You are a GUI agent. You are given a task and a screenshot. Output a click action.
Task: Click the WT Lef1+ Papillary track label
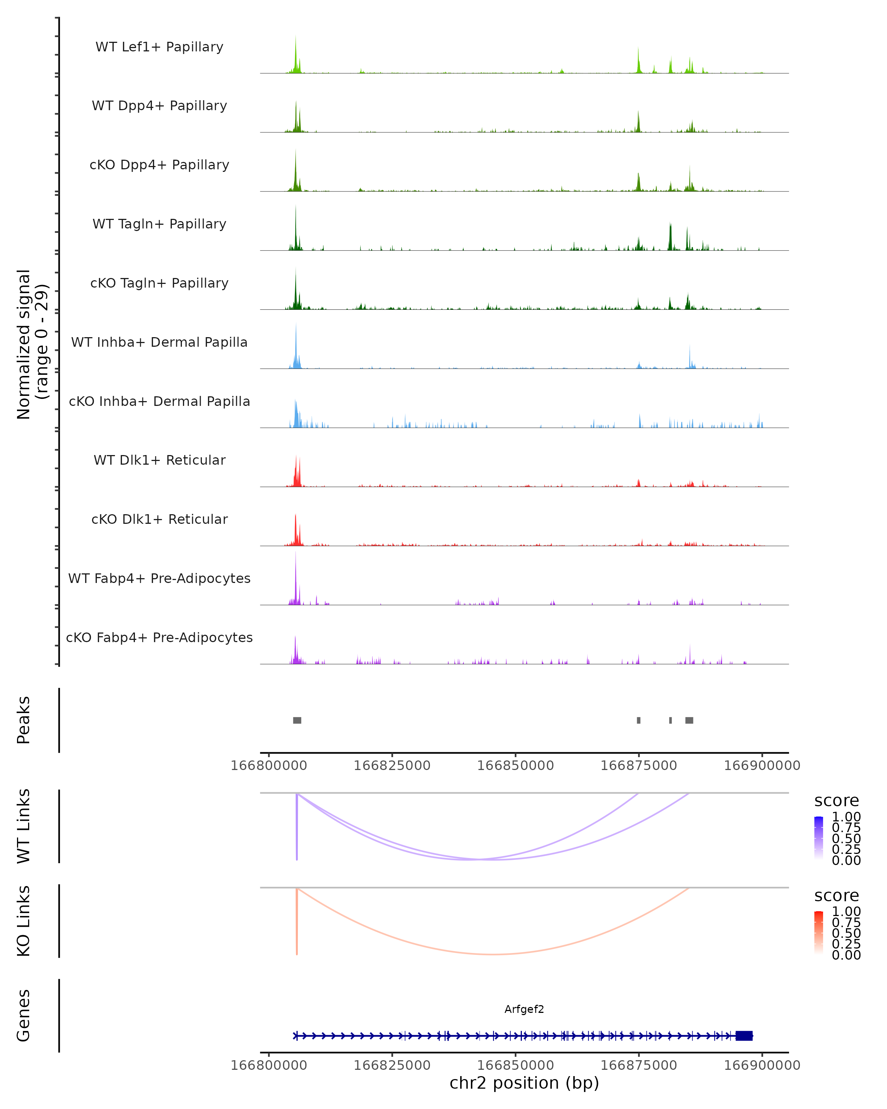159,47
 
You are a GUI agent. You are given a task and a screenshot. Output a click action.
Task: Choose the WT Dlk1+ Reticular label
159,460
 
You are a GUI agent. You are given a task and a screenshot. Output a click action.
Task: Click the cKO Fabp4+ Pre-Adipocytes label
159,637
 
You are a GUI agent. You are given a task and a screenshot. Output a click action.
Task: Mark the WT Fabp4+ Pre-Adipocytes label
159,578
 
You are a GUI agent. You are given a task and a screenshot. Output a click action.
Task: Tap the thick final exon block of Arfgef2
744,1035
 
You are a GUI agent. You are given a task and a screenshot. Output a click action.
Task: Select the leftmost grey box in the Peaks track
297,720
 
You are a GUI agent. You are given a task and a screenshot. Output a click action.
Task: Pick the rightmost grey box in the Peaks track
689,720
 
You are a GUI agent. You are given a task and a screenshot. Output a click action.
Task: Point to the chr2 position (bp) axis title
524,1083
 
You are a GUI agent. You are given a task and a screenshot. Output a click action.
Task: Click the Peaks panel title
24,720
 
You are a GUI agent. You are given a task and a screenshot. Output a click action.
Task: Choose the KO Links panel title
24,921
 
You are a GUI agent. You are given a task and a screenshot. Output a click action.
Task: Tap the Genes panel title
24,1015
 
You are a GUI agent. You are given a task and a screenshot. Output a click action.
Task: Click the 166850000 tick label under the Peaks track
515,766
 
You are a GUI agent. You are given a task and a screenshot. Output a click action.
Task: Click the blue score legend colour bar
819,837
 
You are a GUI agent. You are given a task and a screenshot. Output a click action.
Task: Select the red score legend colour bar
819,932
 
